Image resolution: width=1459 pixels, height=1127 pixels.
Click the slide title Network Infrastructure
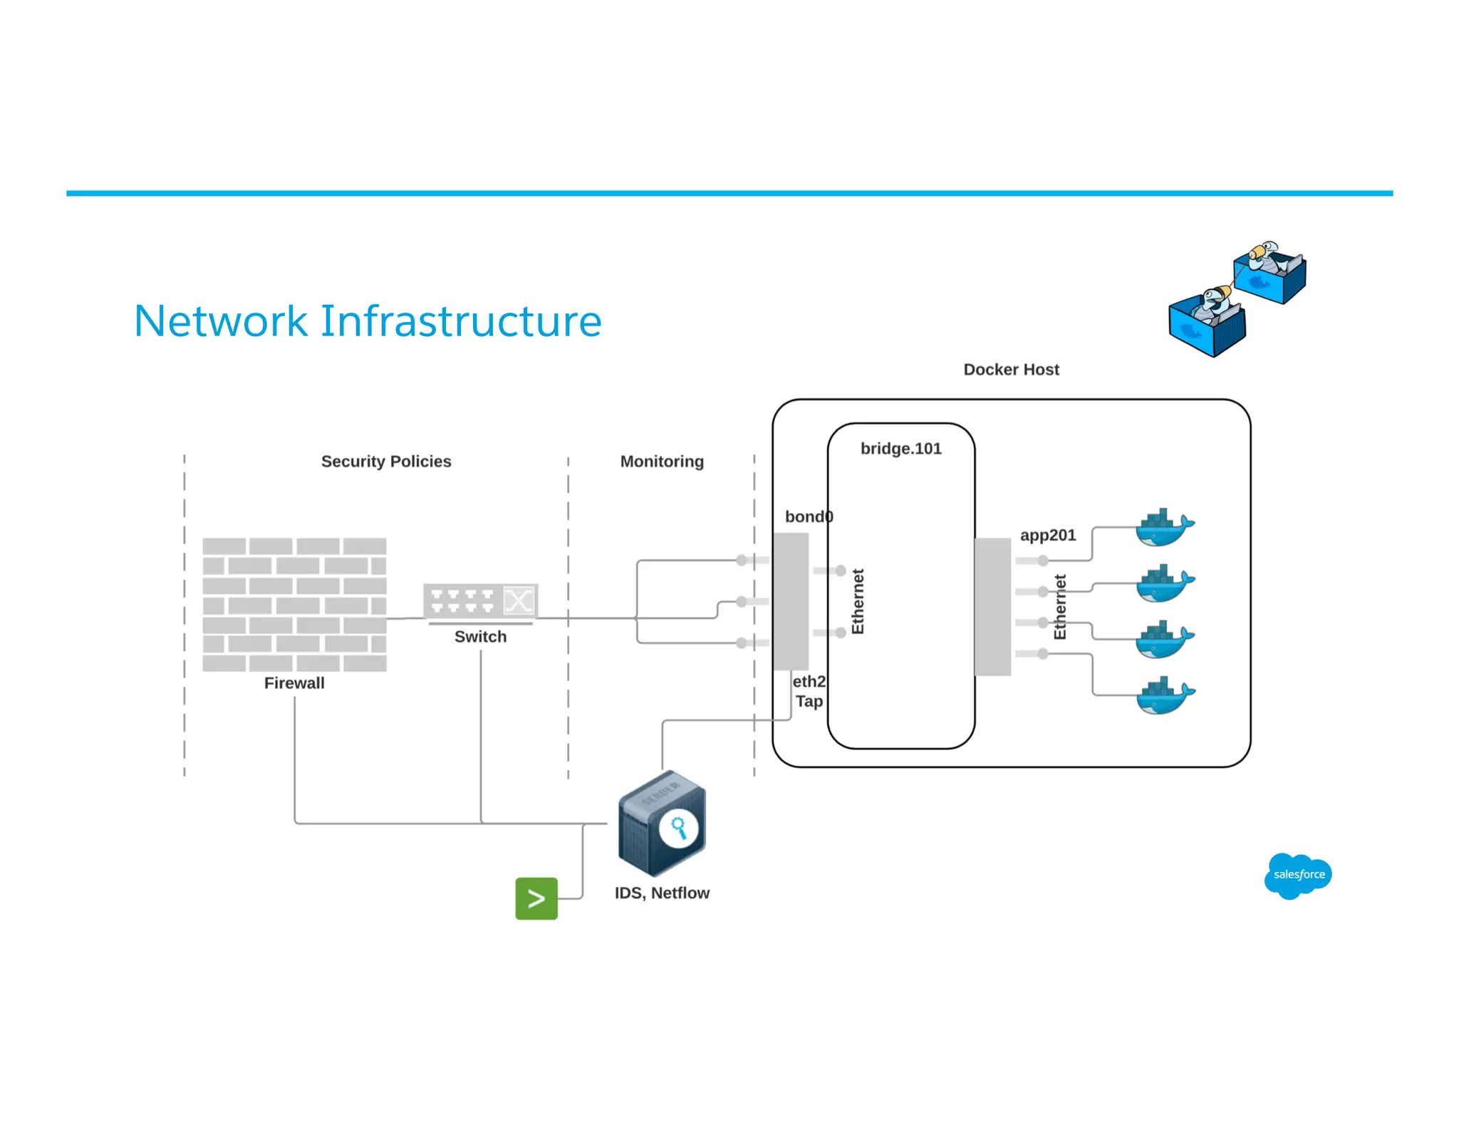tap(368, 321)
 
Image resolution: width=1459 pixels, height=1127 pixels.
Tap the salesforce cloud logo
tap(1298, 875)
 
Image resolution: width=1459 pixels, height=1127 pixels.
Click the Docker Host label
tap(1011, 369)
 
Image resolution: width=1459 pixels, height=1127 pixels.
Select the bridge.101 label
tap(900, 448)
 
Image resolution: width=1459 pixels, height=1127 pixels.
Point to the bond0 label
tap(808, 516)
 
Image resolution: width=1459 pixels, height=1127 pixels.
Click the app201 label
tap(1047, 535)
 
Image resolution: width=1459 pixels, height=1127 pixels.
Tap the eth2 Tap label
tap(809, 691)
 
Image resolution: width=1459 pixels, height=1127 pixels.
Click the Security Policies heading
tap(385, 461)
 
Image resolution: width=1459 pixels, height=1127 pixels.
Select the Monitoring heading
tap(661, 461)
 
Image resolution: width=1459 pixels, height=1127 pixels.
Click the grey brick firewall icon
tap(294, 604)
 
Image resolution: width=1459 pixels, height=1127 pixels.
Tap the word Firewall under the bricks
tap(294, 682)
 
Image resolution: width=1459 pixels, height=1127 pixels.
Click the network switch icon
tap(480, 601)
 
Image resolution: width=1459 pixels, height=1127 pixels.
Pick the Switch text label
tap(480, 636)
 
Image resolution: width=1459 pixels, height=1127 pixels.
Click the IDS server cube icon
tap(661, 824)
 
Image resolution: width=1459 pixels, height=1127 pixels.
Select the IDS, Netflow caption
tap(661, 893)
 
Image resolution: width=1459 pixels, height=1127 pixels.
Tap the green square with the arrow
tap(536, 898)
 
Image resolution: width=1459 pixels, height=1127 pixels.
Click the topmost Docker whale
tap(1163, 528)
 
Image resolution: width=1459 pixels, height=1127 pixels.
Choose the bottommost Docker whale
tap(1163, 695)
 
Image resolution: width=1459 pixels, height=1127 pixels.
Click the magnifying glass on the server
tap(678, 828)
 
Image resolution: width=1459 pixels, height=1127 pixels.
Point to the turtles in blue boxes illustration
tap(1238, 299)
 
